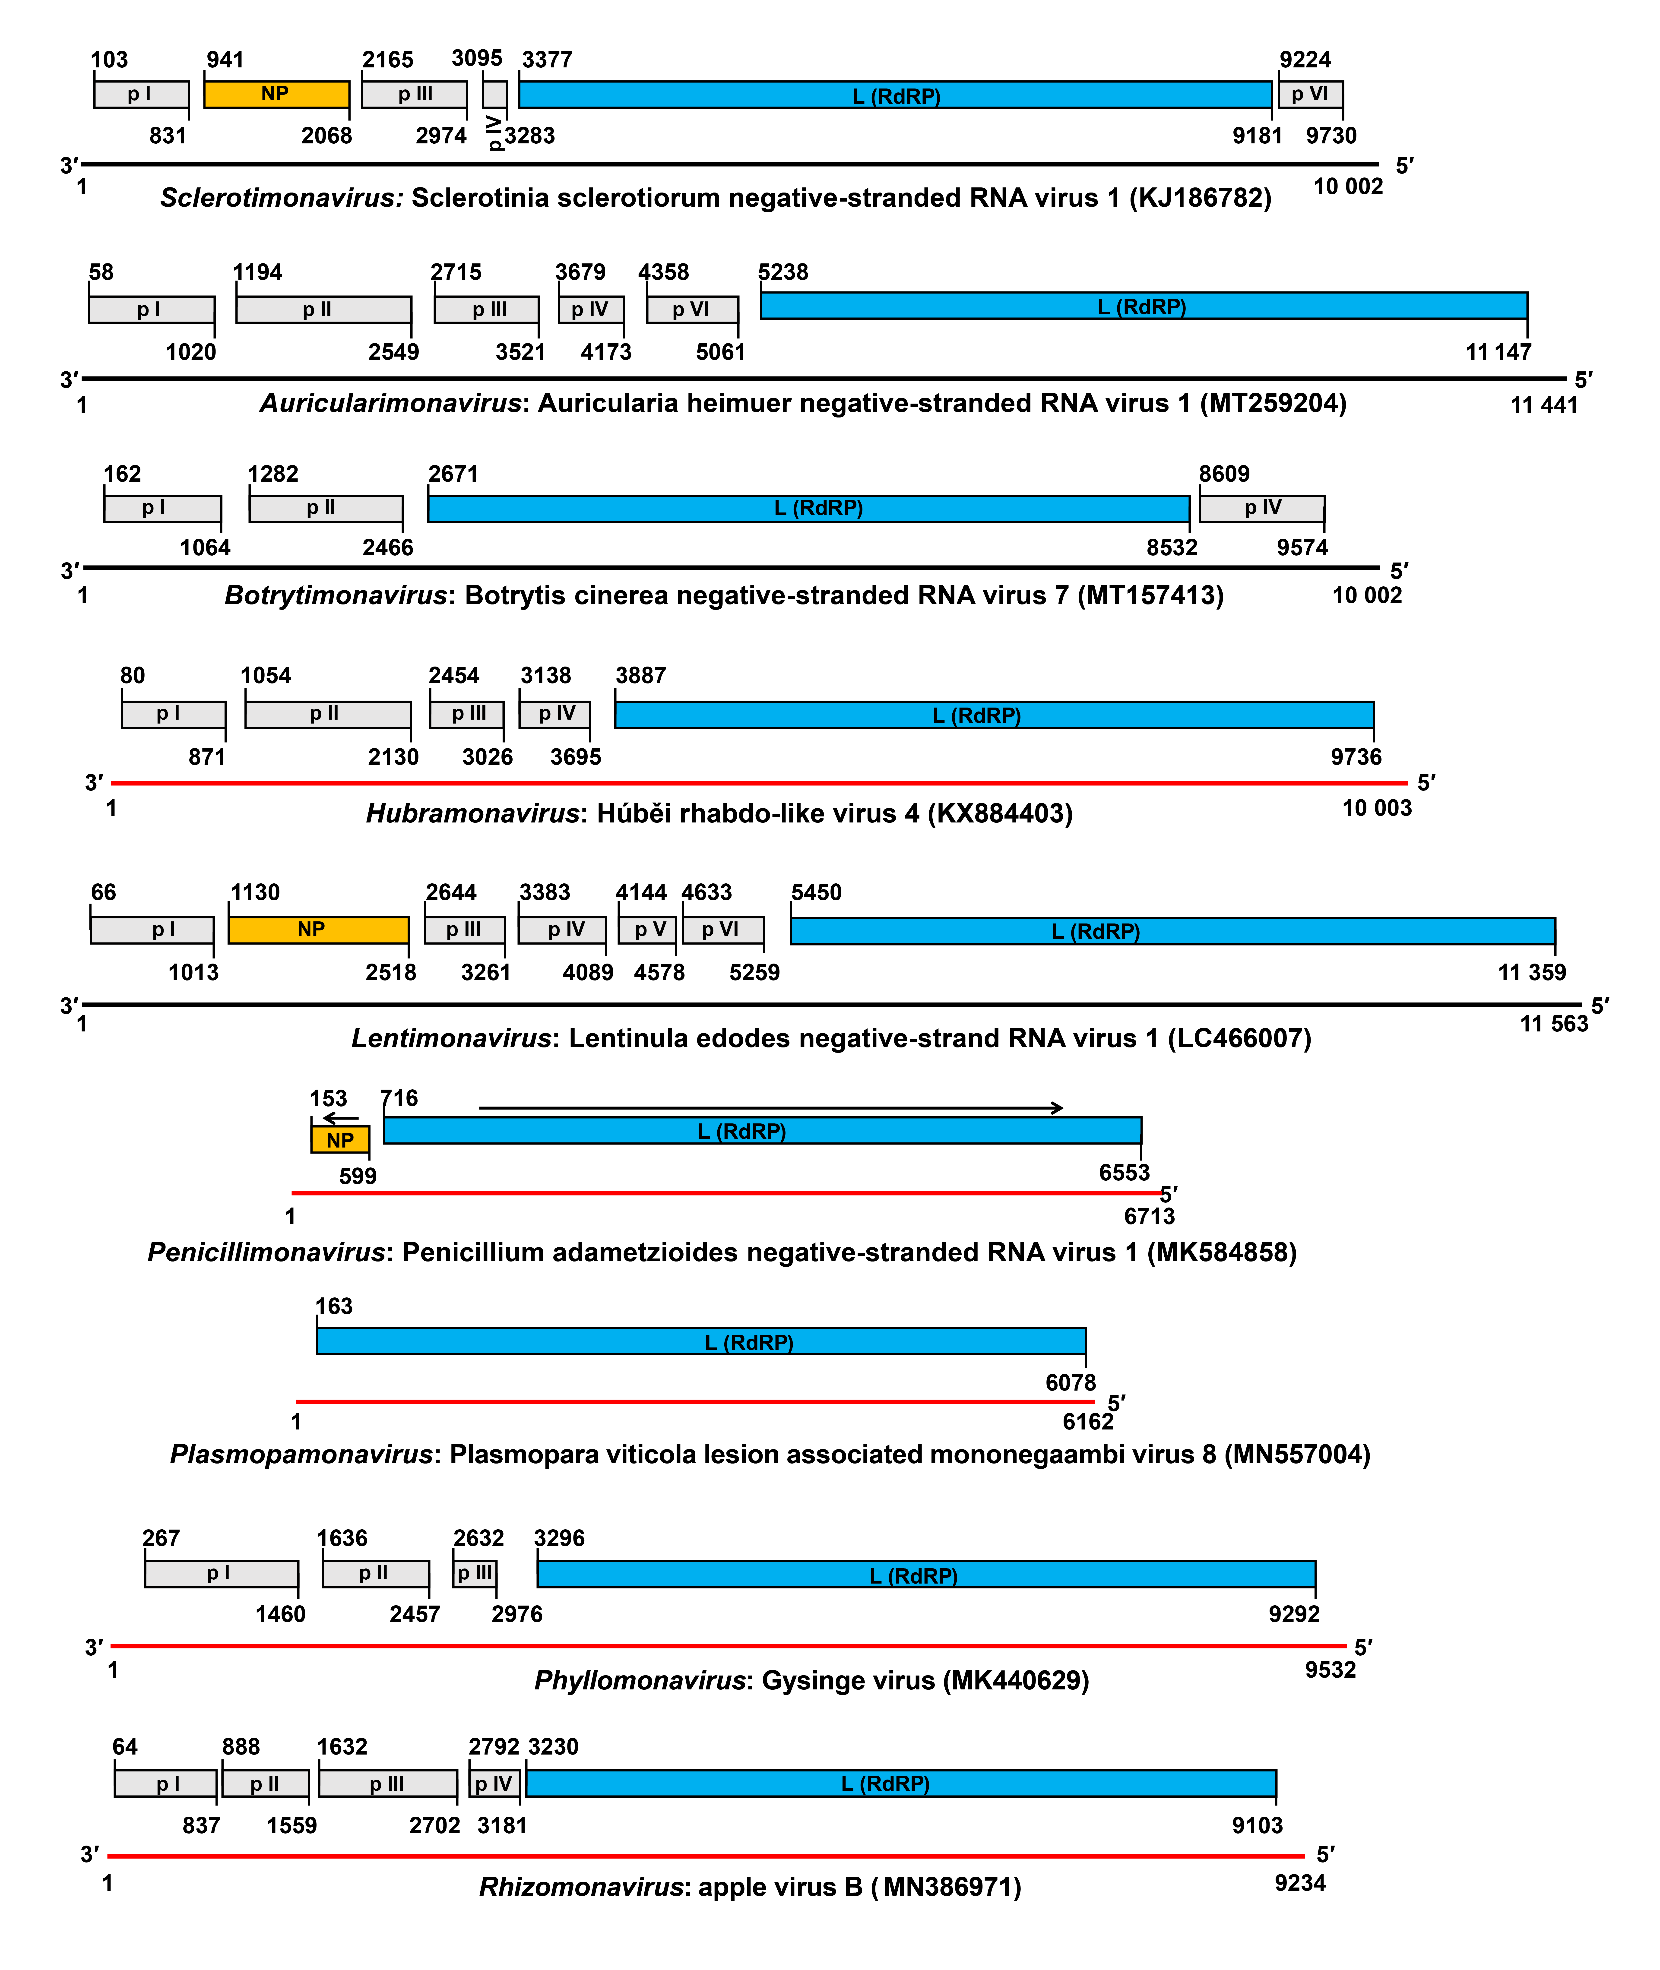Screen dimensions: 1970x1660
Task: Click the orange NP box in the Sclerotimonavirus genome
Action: coord(276,94)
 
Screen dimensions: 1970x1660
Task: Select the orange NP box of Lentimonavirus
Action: coord(318,930)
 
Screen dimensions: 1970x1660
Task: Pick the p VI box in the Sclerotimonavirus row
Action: coord(1310,94)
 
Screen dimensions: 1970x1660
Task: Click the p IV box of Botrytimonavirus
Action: coord(1262,508)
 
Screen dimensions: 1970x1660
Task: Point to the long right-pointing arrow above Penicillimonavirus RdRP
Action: coord(772,1108)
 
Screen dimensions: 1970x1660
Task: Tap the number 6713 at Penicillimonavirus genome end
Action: coord(1149,1216)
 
